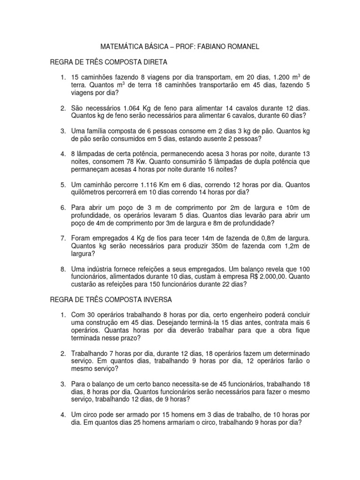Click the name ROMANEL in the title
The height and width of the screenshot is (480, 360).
[x=240, y=47]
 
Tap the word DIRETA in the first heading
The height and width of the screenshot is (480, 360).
[x=153, y=62]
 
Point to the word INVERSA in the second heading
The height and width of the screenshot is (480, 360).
[x=156, y=299]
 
